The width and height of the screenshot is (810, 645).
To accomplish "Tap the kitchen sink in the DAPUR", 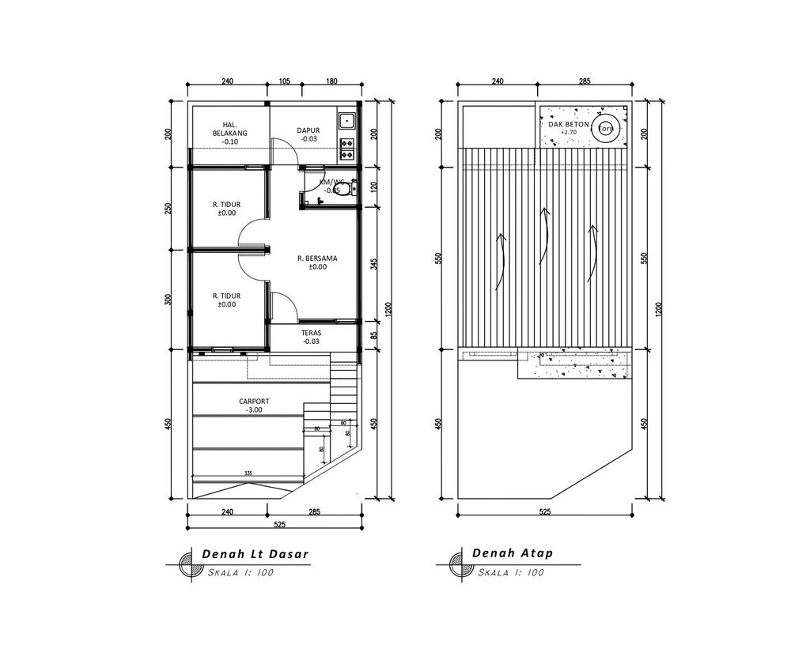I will [346, 121].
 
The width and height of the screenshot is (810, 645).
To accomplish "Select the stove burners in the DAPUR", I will [346, 145].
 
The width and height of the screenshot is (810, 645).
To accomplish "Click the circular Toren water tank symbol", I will [607, 129].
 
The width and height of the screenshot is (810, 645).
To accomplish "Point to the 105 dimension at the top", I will [285, 81].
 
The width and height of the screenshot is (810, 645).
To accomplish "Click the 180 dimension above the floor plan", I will [331, 81].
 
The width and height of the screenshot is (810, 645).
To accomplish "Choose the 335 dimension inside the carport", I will [248, 473].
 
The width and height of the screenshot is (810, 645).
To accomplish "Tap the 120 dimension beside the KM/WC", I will [373, 187].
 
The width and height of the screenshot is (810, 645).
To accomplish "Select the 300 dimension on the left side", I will [168, 300].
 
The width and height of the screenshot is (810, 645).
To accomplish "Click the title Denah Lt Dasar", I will [255, 553].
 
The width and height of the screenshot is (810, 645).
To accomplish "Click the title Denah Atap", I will [512, 553].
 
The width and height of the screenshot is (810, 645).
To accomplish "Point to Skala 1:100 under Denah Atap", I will [511, 572].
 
